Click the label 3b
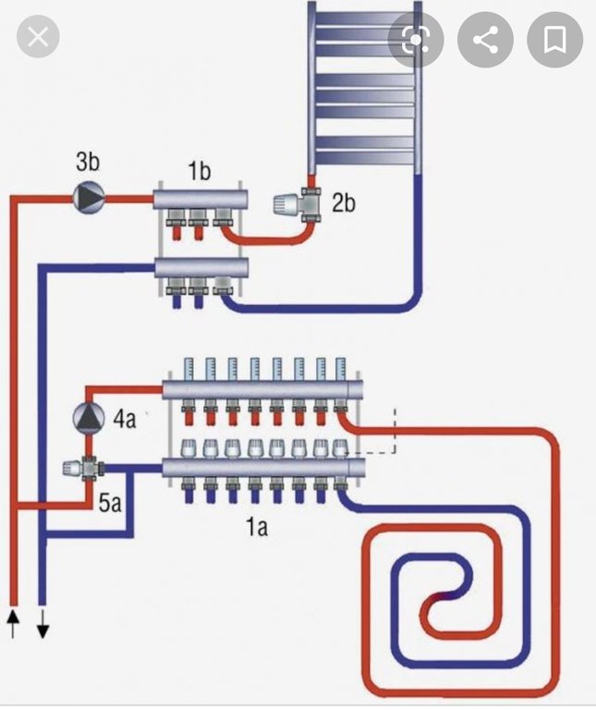(87, 164)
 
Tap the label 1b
(200, 172)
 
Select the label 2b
(343, 202)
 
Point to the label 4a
(125, 419)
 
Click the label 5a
(110, 505)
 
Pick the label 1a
(256, 527)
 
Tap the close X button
(38, 38)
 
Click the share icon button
(485, 39)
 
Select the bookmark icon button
(554, 39)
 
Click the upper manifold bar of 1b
(201, 197)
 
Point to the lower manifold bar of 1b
(201, 268)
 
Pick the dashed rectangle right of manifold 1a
(379, 430)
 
